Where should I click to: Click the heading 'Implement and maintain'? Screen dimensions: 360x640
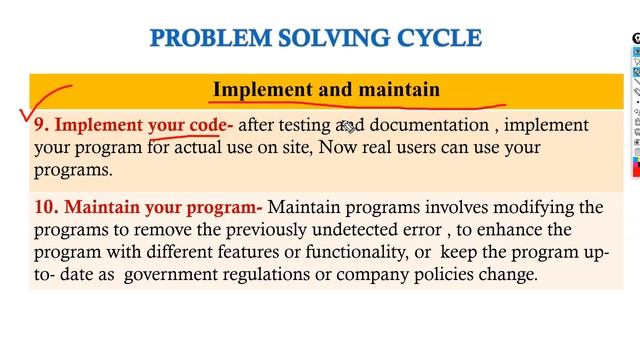tap(326, 90)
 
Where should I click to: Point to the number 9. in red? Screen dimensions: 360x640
tap(42, 126)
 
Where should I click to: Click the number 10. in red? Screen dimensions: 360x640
tap(46, 208)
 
